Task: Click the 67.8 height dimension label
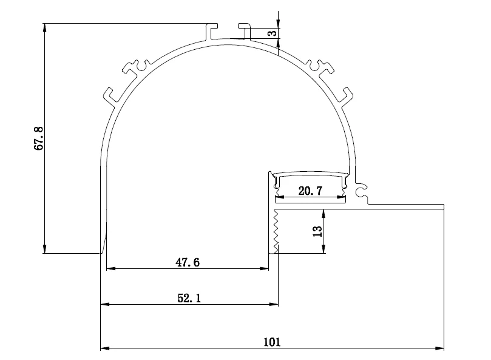39,138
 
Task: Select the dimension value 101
271,342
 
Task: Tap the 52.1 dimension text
188,297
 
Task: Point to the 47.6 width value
187,262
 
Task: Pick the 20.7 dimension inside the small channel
310,191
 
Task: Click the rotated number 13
317,231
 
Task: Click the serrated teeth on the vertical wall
275,231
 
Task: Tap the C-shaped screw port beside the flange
361,192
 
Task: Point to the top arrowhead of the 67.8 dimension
44,27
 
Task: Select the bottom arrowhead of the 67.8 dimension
44,249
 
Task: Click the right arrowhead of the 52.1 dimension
274,304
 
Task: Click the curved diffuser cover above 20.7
311,173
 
